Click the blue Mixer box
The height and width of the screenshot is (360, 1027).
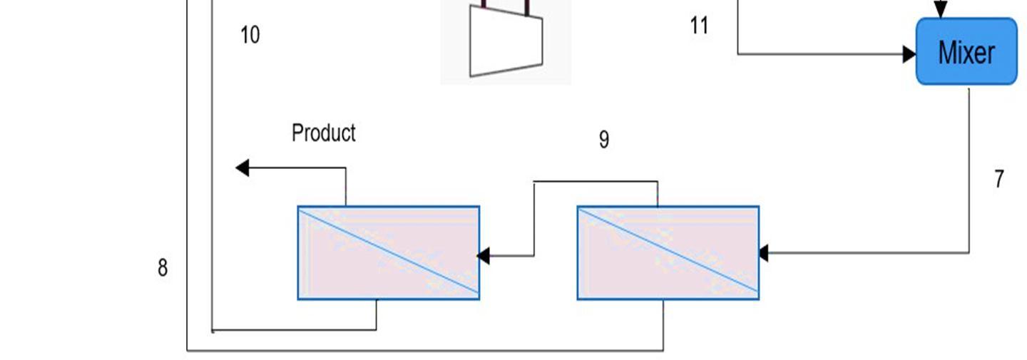coord(966,52)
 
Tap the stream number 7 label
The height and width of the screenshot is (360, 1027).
coord(999,179)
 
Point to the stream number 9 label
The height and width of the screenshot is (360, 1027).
coord(604,140)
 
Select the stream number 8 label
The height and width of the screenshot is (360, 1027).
coord(163,268)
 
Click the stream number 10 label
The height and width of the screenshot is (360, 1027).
coord(250,34)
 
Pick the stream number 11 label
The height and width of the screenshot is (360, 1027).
coord(700,26)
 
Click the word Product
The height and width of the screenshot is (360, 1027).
coord(324,133)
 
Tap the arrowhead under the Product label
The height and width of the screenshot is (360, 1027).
coord(242,168)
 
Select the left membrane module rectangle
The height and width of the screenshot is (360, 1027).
coord(389,253)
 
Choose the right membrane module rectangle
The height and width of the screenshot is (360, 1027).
coord(668,253)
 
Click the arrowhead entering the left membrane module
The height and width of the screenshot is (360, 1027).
coord(484,255)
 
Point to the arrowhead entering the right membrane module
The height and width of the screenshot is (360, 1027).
coord(763,252)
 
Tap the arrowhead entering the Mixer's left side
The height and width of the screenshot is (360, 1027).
coord(909,53)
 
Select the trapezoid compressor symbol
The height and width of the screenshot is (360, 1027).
coord(506,43)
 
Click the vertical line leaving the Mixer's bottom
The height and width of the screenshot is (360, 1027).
coord(969,171)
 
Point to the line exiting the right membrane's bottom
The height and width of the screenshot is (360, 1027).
coord(663,325)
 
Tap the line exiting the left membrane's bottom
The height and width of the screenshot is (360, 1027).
coord(377,315)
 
